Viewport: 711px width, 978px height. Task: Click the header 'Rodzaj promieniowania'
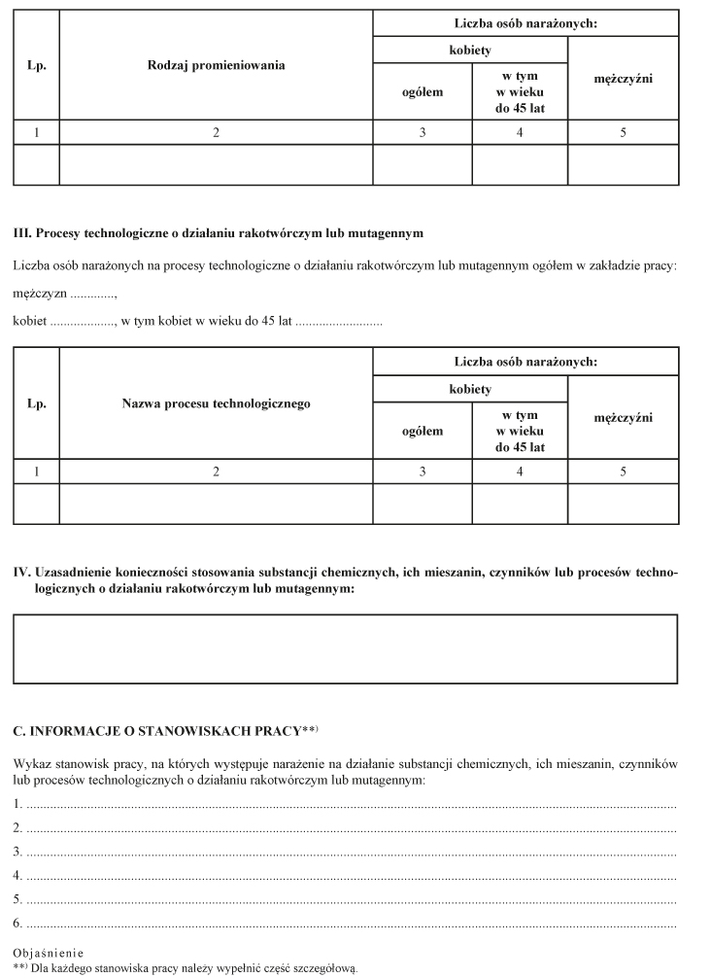(217, 65)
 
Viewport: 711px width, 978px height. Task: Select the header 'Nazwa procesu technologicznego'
(217, 403)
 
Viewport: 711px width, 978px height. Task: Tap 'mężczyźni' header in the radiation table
(623, 78)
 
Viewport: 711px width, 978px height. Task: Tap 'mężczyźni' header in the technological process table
(623, 417)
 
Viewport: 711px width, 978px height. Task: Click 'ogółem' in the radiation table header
(423, 92)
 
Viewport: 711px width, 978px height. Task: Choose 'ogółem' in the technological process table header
(423, 432)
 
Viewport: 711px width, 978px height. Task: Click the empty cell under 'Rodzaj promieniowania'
(217, 164)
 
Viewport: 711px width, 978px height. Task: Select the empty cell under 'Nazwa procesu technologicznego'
(217, 504)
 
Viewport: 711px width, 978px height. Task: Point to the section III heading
(219, 233)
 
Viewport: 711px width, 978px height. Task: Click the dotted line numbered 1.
(350, 806)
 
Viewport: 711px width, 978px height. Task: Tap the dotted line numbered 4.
(350, 875)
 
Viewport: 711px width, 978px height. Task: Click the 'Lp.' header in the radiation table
(36, 65)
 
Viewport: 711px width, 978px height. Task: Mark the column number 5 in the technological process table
(623, 471)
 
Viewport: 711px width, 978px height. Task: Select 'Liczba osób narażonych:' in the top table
(525, 21)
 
